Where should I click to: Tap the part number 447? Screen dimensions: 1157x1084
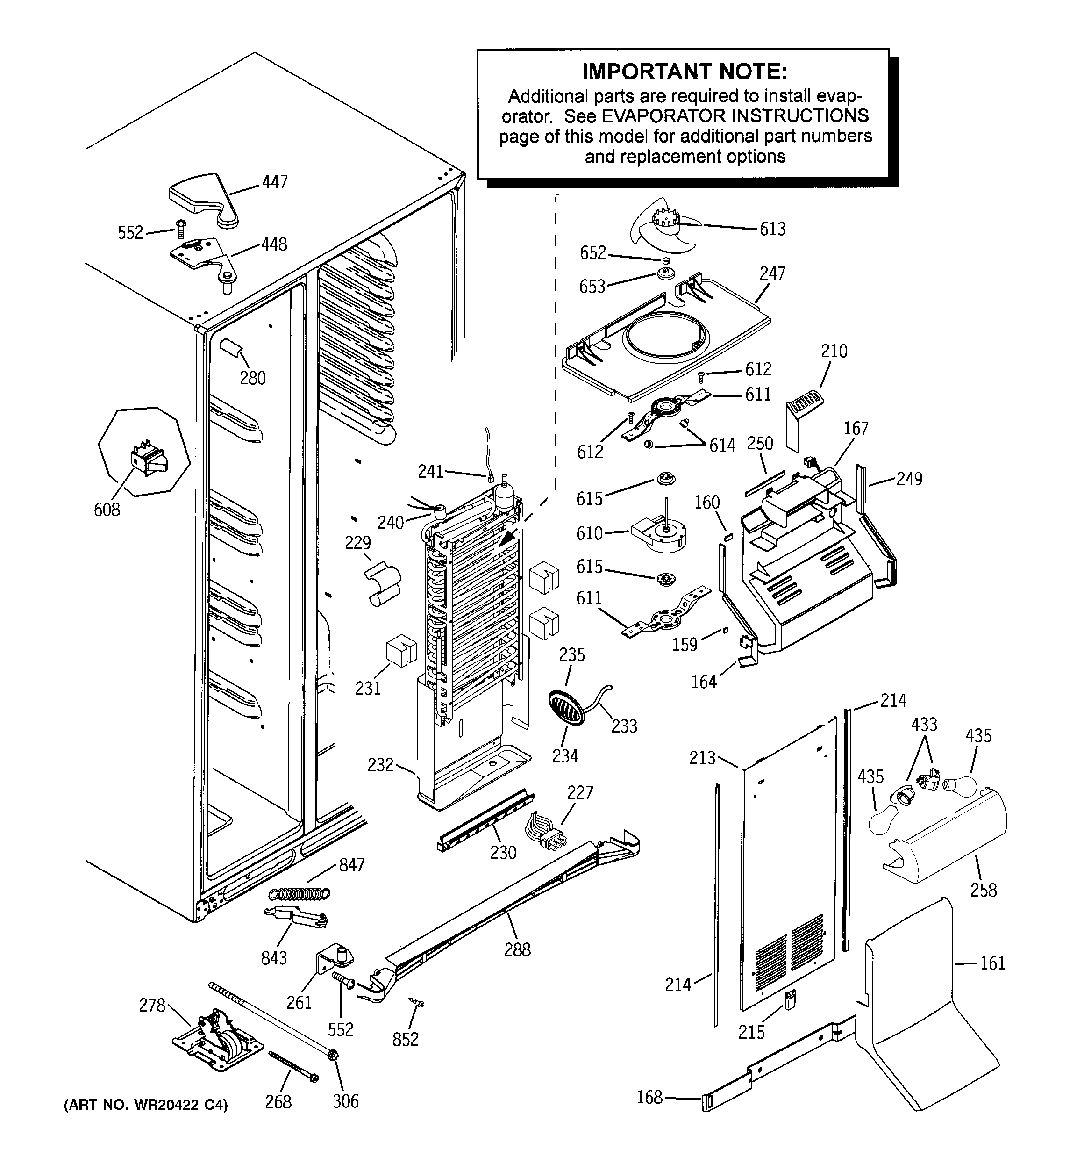coord(275,182)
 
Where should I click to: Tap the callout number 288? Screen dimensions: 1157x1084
coord(517,949)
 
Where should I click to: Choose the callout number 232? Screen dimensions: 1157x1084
coord(380,764)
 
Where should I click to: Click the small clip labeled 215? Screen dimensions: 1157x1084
coord(790,1000)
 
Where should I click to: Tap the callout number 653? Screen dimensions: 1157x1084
coord(592,287)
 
